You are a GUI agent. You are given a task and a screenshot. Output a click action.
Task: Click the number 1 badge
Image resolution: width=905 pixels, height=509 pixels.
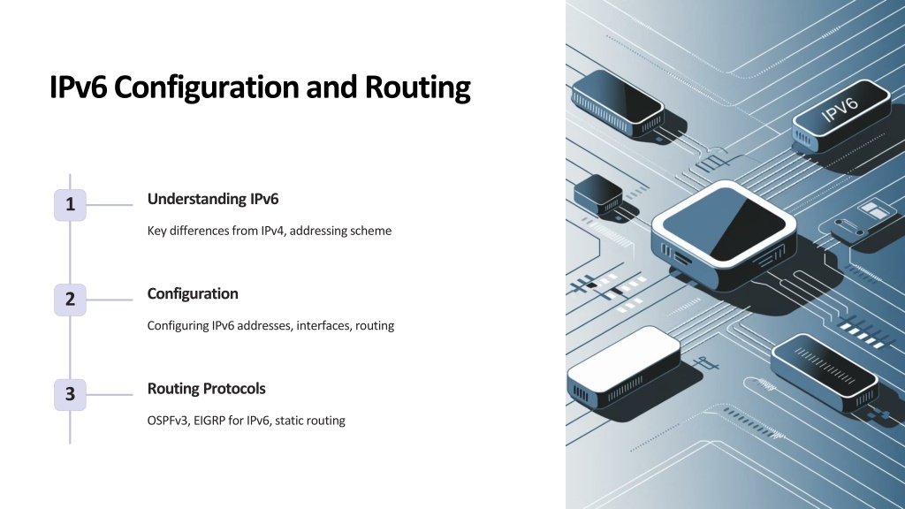click(x=70, y=205)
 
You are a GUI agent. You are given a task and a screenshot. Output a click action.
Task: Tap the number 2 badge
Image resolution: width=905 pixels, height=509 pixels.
click(x=70, y=300)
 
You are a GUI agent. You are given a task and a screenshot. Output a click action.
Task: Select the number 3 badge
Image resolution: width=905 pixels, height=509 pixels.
click(x=70, y=395)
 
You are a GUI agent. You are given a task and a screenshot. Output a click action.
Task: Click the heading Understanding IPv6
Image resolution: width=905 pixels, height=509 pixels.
click(x=212, y=199)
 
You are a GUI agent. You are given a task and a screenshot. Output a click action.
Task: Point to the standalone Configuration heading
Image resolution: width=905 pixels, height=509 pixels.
click(x=193, y=293)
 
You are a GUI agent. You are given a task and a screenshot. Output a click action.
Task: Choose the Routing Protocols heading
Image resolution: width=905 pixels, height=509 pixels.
click(x=206, y=389)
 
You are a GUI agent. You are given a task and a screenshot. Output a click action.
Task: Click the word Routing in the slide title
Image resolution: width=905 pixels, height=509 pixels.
click(x=417, y=87)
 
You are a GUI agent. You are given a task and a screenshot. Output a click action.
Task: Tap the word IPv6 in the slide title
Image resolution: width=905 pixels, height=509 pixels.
click(x=78, y=87)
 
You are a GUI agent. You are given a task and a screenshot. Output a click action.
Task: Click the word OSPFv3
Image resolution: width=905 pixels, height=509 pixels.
click(x=167, y=420)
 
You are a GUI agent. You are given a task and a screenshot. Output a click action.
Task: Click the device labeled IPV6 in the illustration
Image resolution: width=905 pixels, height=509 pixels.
click(x=840, y=116)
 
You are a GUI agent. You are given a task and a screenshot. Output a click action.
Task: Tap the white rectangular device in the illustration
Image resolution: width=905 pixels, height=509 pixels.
click(x=623, y=368)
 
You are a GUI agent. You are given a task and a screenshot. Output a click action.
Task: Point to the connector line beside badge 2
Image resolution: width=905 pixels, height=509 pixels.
click(x=109, y=300)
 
